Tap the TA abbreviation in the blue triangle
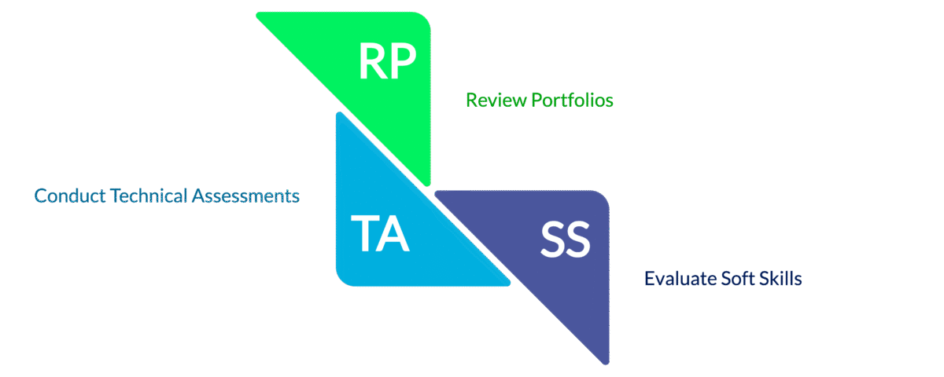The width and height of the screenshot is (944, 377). coord(380,234)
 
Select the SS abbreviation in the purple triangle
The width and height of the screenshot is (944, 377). coord(565,241)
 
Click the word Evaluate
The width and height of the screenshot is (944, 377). coord(678,279)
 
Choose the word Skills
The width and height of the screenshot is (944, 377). coord(781,279)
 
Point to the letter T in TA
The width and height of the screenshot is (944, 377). coord(364,234)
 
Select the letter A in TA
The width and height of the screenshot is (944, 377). coord(394,234)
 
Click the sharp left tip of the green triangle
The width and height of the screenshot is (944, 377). coord(259,14)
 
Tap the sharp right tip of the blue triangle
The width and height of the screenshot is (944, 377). coord(507,284)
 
